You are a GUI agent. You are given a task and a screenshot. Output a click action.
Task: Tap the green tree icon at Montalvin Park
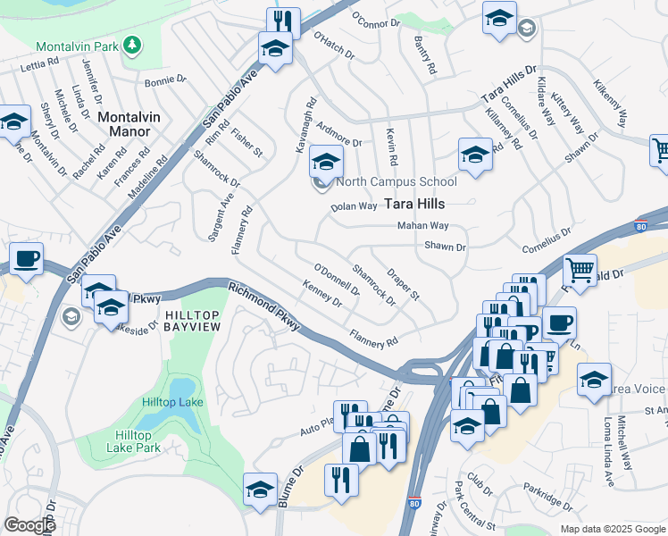pyautogui.click(x=132, y=45)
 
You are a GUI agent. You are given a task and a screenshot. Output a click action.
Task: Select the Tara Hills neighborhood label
pyautogui.click(x=414, y=204)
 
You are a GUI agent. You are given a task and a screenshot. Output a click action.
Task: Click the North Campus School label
pyautogui.click(x=397, y=182)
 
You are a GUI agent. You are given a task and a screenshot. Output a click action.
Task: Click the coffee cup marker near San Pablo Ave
pyautogui.click(x=26, y=259)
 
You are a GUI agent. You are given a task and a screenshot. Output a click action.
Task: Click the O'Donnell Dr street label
pyautogui.click(x=336, y=279)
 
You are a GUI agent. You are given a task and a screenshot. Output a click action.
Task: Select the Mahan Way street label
pyautogui.click(x=422, y=226)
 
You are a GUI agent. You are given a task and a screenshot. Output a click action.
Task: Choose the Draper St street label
pyautogui.click(x=403, y=283)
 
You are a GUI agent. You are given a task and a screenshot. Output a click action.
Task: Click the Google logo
pyautogui.click(x=29, y=525)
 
